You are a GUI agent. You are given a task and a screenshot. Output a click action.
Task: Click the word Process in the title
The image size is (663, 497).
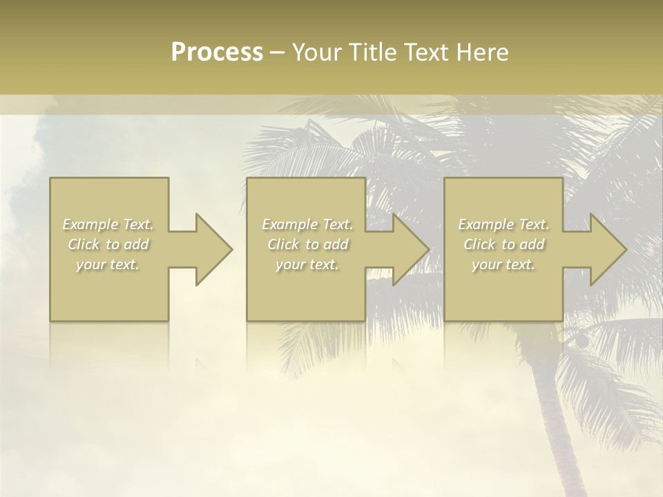pos(217,52)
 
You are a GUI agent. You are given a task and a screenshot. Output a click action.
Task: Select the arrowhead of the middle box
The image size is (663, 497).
pos(410,250)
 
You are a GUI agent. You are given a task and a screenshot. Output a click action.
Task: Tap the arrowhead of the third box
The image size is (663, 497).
pos(607,250)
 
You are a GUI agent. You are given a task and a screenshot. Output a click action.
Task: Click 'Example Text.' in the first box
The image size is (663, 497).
pos(108,224)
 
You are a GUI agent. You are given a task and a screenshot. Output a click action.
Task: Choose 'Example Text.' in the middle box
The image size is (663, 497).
pos(307,224)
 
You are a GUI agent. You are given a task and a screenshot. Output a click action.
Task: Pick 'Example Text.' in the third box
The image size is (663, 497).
pos(503,224)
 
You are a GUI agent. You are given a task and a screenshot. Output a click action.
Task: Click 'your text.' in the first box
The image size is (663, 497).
pos(108,264)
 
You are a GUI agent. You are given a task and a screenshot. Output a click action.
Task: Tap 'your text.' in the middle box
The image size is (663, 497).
pos(307,264)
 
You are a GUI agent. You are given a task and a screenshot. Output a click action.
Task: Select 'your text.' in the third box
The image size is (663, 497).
pos(503,264)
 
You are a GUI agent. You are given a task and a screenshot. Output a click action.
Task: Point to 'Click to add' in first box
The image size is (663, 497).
pos(108,244)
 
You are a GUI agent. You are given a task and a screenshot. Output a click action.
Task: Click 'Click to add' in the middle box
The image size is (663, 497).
pos(307,244)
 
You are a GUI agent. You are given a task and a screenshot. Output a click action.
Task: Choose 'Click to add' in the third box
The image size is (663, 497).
pos(503,244)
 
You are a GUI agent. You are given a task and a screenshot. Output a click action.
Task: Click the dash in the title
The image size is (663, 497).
pos(277,52)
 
